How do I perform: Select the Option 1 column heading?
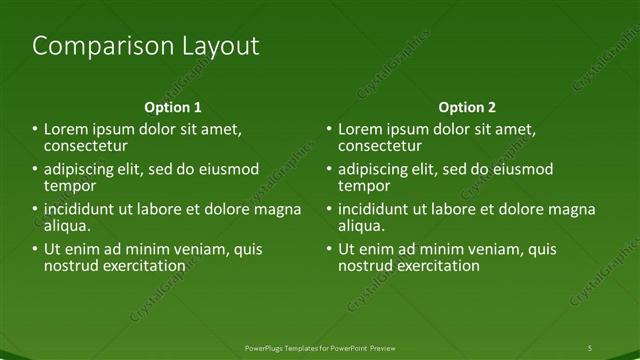click(x=172, y=107)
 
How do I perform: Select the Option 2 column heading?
click(x=466, y=107)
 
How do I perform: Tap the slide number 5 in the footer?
click(x=590, y=347)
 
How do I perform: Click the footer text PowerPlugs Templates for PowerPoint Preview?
click(x=320, y=347)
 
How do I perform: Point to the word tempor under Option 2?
click(x=363, y=186)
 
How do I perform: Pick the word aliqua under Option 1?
click(x=69, y=226)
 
